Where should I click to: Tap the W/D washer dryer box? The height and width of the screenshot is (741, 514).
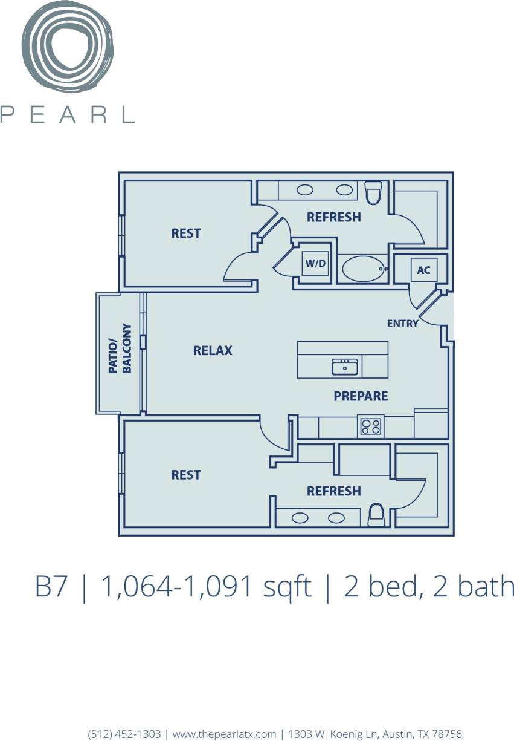coord(315,264)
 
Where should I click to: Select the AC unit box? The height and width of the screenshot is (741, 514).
coord(423,270)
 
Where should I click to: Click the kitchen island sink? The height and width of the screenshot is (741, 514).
coord(345,367)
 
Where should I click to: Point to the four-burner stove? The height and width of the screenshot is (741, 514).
coord(371,427)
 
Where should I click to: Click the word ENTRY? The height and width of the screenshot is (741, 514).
coord(402,324)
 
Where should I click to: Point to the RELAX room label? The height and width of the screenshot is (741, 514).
coord(213,350)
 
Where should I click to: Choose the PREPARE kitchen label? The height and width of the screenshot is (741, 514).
coord(361,396)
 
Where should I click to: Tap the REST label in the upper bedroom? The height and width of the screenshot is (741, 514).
coord(186,233)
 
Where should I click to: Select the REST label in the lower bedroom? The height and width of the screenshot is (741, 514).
coord(186,475)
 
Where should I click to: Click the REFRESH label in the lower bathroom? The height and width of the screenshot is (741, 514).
coord(333,491)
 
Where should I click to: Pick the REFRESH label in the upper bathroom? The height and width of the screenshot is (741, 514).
coord(333,217)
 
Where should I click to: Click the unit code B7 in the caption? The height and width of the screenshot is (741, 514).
coord(51,587)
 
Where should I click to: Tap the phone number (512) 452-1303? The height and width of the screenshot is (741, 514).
coord(124,734)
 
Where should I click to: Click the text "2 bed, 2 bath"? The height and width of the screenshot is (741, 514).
coord(429,587)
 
